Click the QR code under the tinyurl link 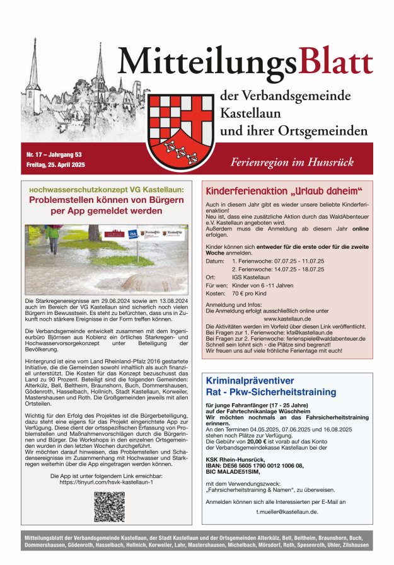[110, 506]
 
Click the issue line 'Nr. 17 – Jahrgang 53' [54, 154]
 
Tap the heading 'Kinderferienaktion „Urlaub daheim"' [284, 191]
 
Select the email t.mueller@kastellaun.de [287, 511]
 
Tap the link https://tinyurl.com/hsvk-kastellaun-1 [107, 482]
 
